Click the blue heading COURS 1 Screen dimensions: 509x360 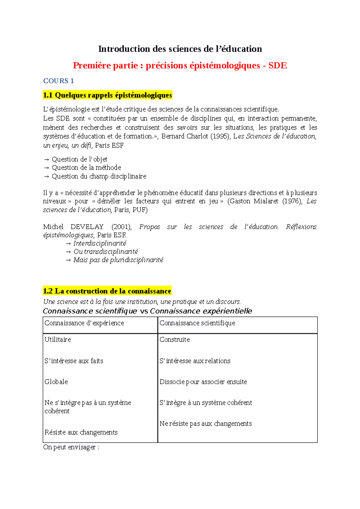tap(58, 81)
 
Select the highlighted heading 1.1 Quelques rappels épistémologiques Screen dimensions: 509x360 tap(107, 95)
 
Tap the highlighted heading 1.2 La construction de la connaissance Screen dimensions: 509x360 tap(107, 291)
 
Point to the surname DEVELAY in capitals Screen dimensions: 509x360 tap(87, 227)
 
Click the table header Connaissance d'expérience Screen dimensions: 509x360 tap(84, 323)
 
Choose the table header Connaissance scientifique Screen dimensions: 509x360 tap(197, 323)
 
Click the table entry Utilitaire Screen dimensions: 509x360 tap(58, 340)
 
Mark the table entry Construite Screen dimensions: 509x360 tap(175, 340)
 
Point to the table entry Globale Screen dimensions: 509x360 tap(56, 382)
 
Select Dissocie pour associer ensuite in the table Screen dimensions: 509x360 tap(203, 382)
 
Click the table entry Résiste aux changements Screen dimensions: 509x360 tap(81, 432)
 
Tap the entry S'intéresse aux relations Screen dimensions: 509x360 tap(195, 361)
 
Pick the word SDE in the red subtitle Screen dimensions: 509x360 tap(277, 66)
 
